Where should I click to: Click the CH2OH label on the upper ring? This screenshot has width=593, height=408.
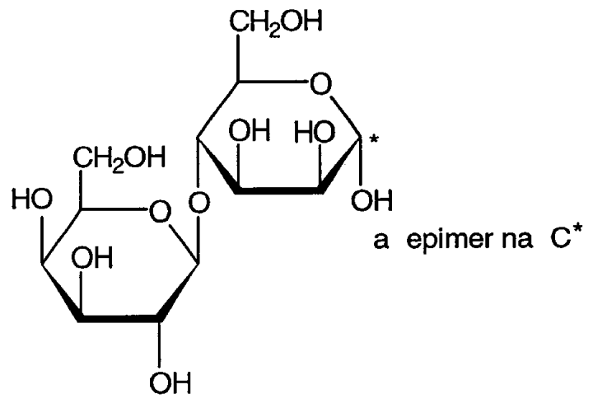[276, 22]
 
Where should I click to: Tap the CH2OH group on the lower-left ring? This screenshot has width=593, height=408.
[119, 158]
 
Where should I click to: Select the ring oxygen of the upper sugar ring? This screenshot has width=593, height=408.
[320, 83]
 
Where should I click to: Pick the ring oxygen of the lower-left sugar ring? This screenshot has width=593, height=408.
[161, 212]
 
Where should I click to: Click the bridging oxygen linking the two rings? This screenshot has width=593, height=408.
[199, 202]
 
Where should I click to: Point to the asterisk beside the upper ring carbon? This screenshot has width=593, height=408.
[374, 140]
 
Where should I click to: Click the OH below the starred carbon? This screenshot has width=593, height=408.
[372, 200]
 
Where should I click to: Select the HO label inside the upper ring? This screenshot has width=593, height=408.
[315, 133]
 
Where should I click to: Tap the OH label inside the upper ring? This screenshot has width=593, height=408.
[250, 130]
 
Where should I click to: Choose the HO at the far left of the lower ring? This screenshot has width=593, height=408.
[32, 199]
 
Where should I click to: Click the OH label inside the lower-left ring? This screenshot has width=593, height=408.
[92, 257]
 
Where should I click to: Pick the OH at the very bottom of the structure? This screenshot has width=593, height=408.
[171, 383]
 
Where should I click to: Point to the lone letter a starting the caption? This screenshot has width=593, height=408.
[381, 242]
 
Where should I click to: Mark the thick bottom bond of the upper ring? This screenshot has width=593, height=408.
[279, 190]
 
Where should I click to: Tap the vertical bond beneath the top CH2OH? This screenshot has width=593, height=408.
[238, 58]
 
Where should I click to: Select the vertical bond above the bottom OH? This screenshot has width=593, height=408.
[159, 345]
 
